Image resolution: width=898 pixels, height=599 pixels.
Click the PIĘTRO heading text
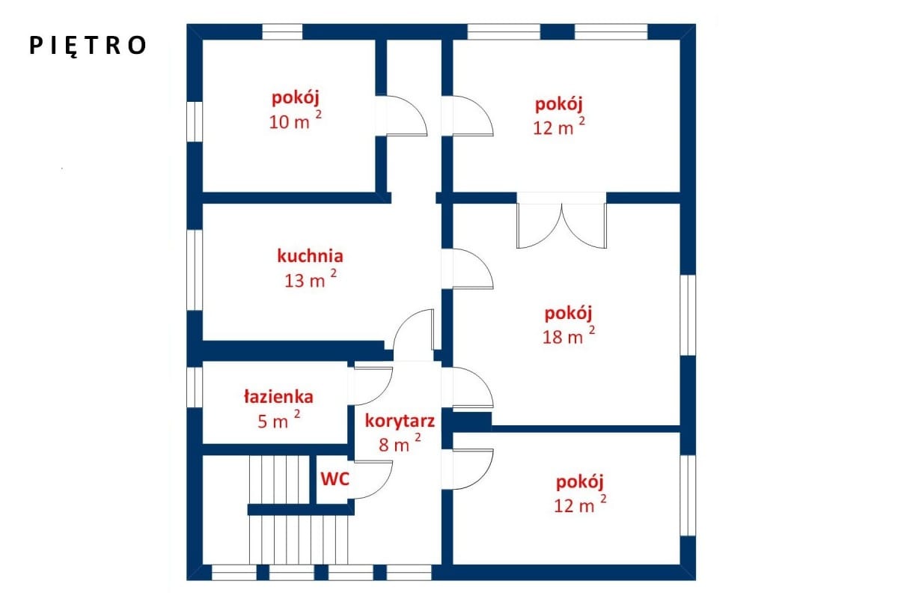coord(88,46)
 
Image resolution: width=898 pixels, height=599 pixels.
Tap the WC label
coord(335,478)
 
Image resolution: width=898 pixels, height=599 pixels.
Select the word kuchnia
coord(311,256)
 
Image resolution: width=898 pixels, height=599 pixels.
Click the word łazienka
coord(278,396)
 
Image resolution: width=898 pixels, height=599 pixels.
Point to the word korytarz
coord(400,421)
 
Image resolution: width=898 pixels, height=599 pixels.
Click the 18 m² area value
coord(569,335)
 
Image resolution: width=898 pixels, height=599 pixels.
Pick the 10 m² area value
coord(295,121)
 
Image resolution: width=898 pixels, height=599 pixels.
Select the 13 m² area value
coord(311,279)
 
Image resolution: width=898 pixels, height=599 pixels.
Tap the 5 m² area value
coord(278,419)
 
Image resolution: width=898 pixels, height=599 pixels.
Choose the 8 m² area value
coord(400,443)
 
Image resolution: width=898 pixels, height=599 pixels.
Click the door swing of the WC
coord(373,480)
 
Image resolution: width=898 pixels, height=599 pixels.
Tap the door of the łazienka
coord(373,386)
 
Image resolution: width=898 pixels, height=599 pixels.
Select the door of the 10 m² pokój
coord(406,115)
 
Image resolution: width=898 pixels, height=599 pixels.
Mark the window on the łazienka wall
coord(195,387)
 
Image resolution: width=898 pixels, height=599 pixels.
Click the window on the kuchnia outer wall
coord(195,270)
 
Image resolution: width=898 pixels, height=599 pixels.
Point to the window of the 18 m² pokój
coord(688,315)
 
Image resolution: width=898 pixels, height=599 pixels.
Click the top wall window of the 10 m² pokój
coord(282,31)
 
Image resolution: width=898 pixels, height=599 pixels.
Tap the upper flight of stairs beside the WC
coord(279,479)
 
